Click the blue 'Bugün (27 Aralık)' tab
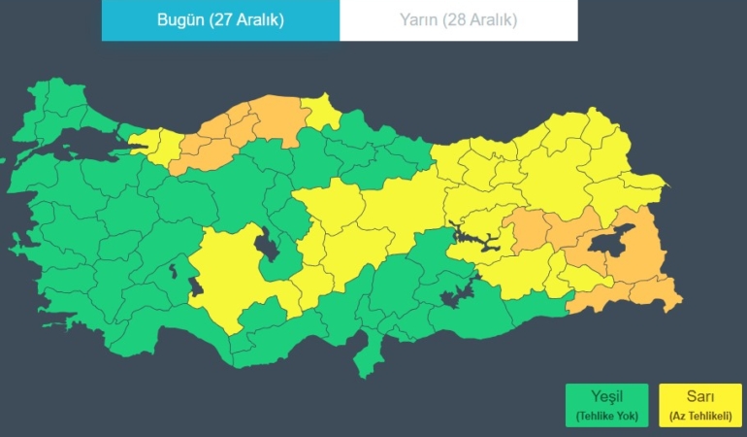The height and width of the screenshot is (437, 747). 220,20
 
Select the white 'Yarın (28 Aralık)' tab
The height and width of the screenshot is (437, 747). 458,20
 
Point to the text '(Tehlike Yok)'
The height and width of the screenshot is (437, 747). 606,417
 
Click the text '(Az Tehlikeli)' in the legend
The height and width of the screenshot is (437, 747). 699,417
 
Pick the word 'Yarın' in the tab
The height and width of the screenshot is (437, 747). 419,20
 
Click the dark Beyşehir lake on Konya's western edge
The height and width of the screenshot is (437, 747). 197,286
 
